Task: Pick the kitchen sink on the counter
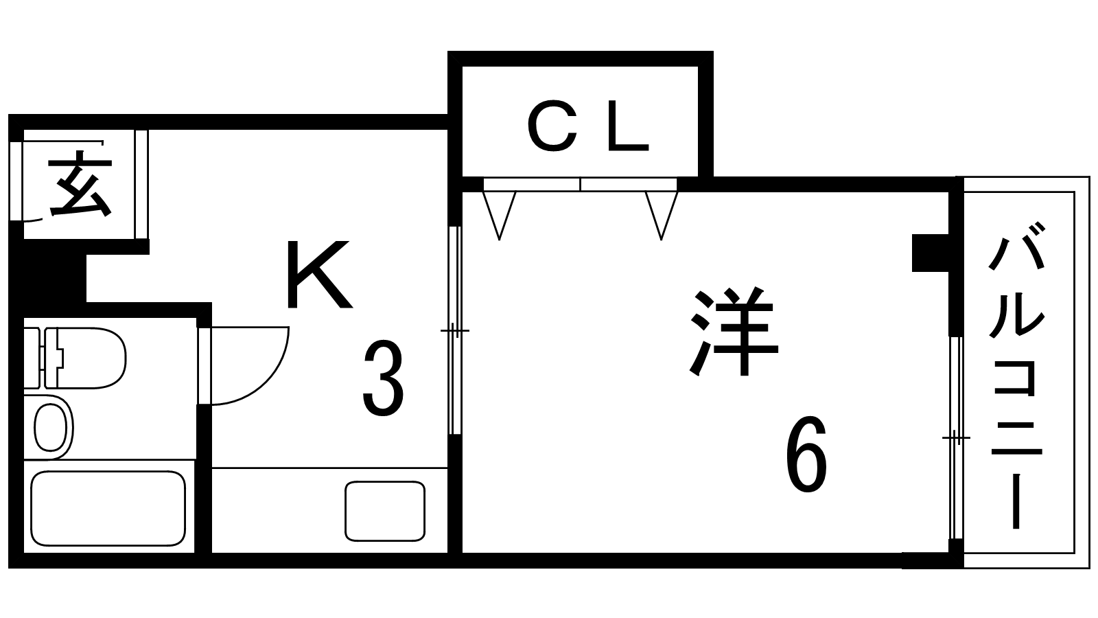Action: (384, 510)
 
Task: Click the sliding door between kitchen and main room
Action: (454, 330)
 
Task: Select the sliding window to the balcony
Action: (955, 437)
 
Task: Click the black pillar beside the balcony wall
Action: (930, 253)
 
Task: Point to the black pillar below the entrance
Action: (48, 278)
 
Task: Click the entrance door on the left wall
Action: (16, 181)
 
